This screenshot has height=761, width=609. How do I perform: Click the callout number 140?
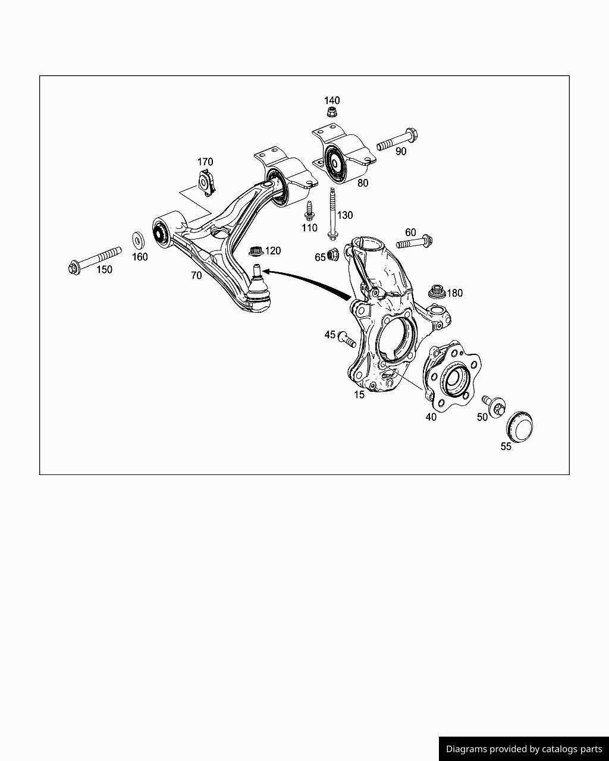click(x=332, y=100)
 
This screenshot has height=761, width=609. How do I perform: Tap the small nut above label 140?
click(x=332, y=112)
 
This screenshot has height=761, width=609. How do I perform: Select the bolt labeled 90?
click(x=397, y=138)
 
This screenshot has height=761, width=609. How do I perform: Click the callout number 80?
click(x=363, y=183)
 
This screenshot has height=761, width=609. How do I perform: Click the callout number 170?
click(x=205, y=162)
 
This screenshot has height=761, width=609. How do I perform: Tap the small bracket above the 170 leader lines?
click(x=207, y=183)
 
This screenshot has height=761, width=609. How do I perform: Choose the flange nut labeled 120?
click(x=256, y=251)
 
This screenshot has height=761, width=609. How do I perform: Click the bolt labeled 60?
click(x=415, y=243)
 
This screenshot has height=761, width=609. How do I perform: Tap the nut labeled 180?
click(x=437, y=293)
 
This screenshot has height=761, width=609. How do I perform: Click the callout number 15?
click(x=359, y=394)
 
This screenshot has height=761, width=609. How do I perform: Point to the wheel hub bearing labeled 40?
click(x=452, y=376)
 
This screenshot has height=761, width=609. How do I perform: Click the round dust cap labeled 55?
click(x=519, y=425)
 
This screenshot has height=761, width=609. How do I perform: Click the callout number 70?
click(x=196, y=275)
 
